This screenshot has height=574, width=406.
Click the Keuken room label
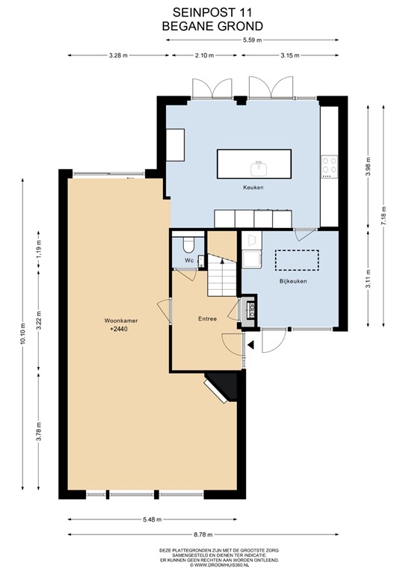pos(253,188)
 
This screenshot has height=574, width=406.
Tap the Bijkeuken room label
pos(293,281)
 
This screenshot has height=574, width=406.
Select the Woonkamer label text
pos(121,321)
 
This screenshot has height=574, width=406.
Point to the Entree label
pos(207,319)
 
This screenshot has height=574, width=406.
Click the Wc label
pos(189,260)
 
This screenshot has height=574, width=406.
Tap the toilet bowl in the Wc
pos(189,246)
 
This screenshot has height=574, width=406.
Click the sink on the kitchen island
pos(259,168)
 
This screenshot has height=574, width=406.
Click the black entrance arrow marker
pos(250,345)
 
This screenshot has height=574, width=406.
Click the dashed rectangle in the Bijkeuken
pos(297,260)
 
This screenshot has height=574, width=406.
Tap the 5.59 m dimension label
pos(252,40)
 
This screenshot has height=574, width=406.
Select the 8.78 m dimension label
pos(203,534)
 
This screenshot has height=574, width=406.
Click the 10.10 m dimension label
pos(23,334)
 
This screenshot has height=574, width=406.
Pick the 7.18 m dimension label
pos(384,216)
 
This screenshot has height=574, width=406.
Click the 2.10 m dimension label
pos(204,55)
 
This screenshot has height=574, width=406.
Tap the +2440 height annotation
pos(119,329)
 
